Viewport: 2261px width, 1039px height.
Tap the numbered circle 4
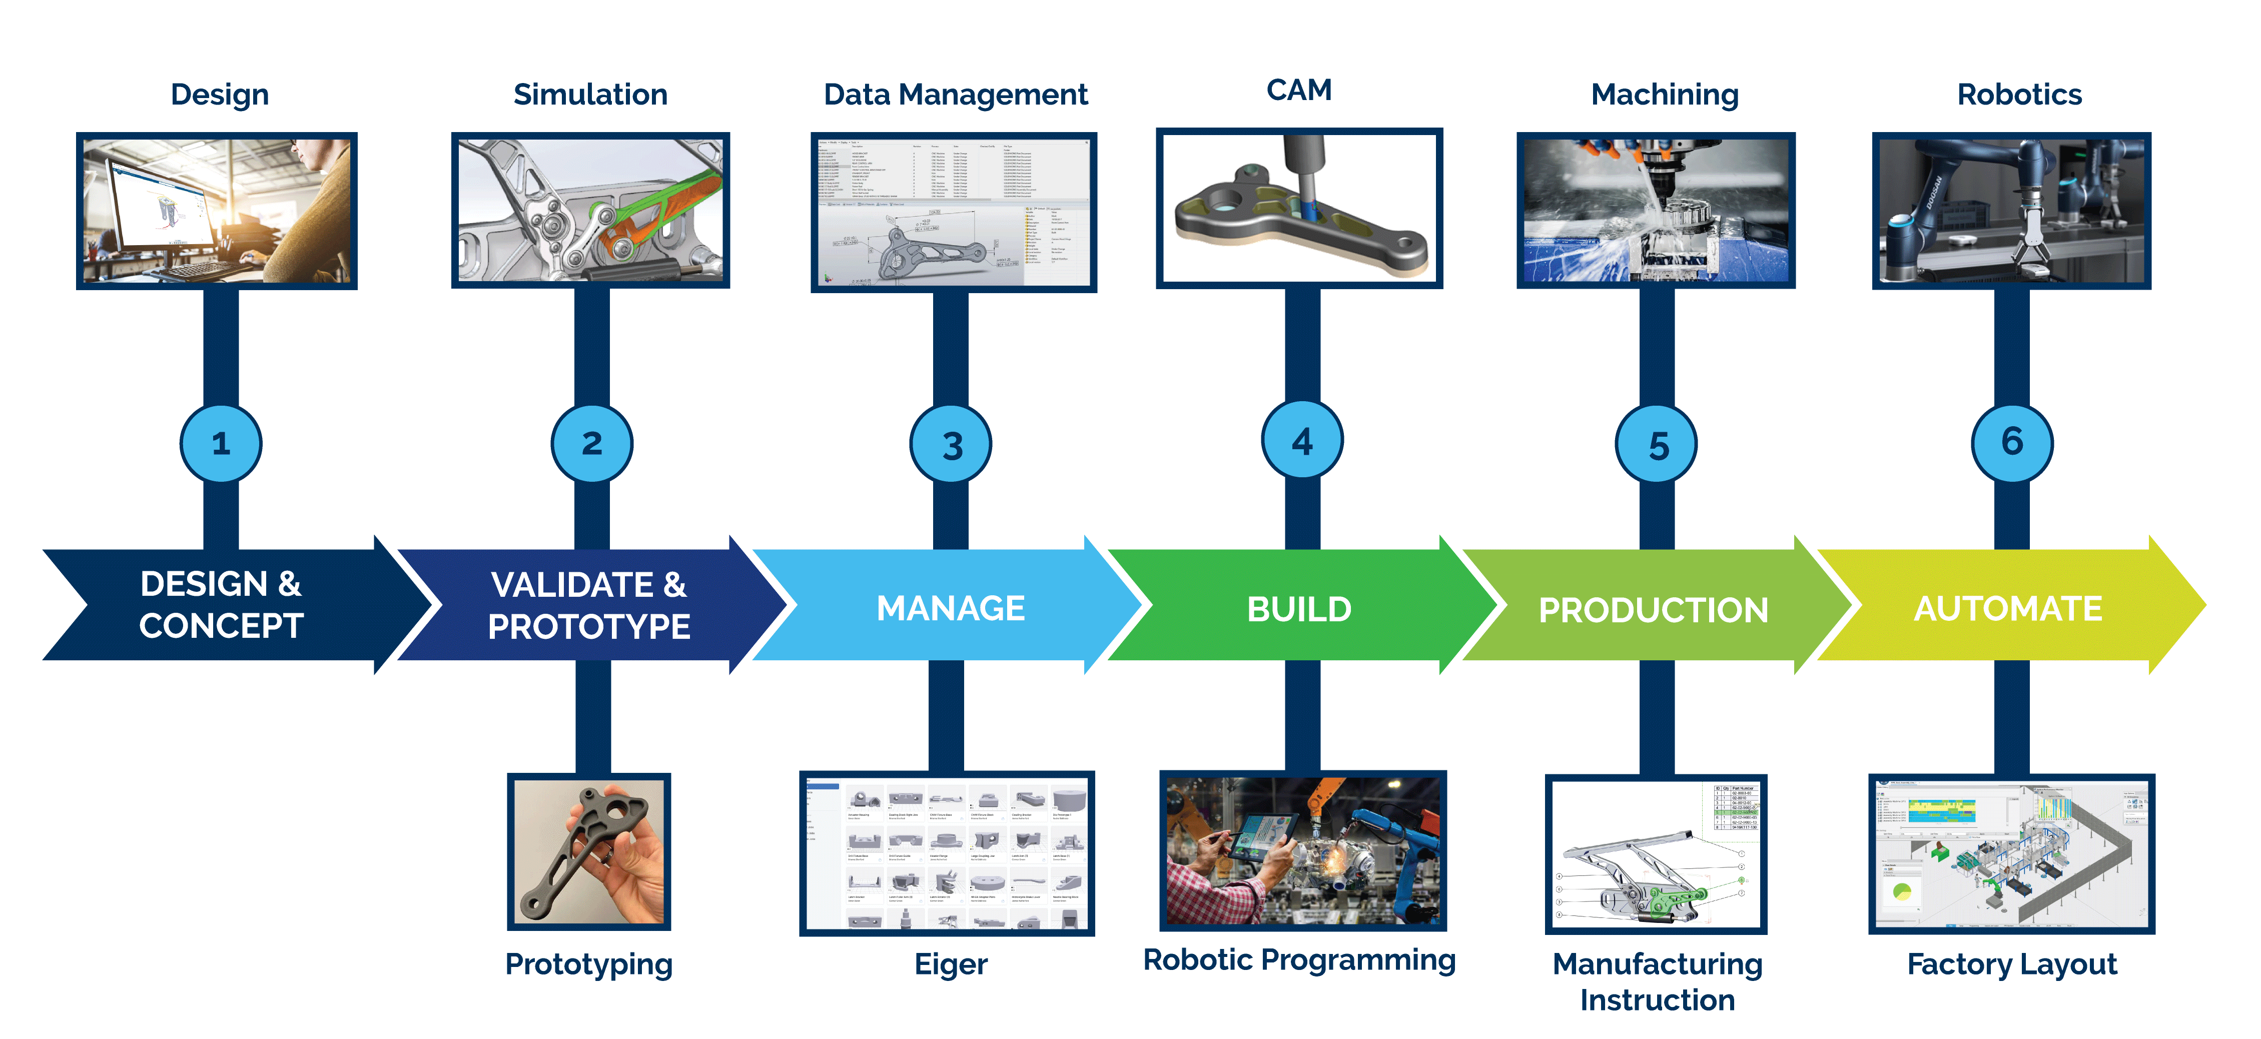coord(1302,441)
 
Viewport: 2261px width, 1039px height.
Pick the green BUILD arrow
coord(1299,607)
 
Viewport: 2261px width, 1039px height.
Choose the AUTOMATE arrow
coord(2008,607)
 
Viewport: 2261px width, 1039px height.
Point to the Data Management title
coord(955,94)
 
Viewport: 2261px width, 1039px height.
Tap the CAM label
coord(1299,90)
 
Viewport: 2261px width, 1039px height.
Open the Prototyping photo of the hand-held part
coord(589,851)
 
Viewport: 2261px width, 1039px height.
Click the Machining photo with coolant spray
coord(1656,211)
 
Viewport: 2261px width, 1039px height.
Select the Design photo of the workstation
coord(217,211)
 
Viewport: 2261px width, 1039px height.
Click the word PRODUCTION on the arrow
coord(1654,610)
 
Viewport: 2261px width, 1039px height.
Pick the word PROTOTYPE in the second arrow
coord(589,627)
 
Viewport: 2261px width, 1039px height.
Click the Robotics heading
coord(2019,94)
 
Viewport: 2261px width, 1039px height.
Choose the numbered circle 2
coord(591,443)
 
